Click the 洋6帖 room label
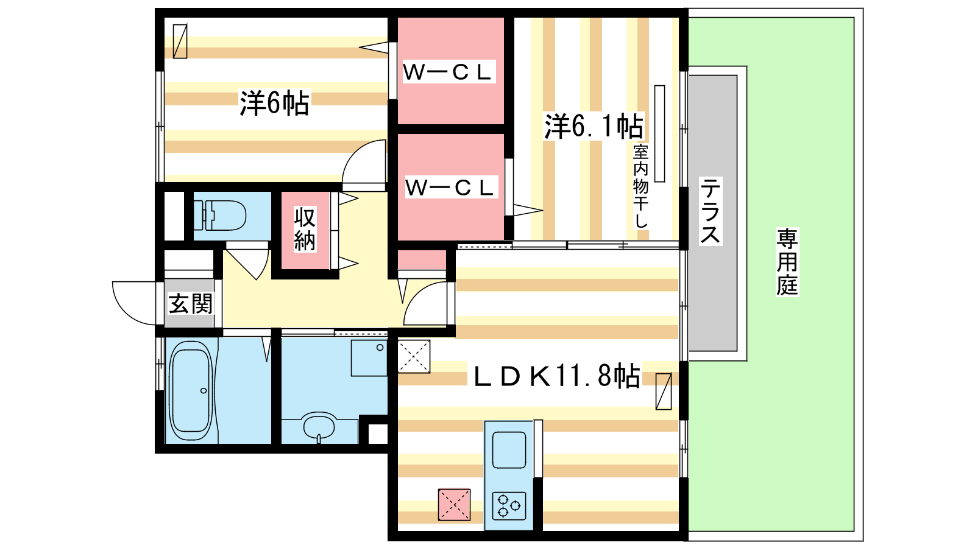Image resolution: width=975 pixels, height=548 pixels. pos(274,103)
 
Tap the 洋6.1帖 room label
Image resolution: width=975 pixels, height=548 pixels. pos(594,126)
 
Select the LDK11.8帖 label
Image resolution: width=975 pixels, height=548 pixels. pos(557,376)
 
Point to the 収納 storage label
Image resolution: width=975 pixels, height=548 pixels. pos(305,229)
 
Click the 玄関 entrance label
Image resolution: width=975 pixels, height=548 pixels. pos(191,304)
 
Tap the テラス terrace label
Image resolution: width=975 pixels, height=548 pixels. pos(711,211)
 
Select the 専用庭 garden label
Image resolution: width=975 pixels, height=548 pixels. pos(787,262)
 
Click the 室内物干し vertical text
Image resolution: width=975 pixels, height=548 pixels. pos(640,186)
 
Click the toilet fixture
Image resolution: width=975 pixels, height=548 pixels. pos(220,216)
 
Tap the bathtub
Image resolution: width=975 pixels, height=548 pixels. pos(191,390)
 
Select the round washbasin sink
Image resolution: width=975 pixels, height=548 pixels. pos(319,426)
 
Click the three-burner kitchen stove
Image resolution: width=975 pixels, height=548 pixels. pos(509,506)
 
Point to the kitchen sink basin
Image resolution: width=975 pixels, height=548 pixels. pos(509,450)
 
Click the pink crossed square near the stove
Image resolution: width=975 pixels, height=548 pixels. pos(454,505)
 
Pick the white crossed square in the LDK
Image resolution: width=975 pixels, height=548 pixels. pos(414,356)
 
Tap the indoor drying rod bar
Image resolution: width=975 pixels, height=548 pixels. pos(660,133)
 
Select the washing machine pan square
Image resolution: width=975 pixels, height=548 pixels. pos(369,358)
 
